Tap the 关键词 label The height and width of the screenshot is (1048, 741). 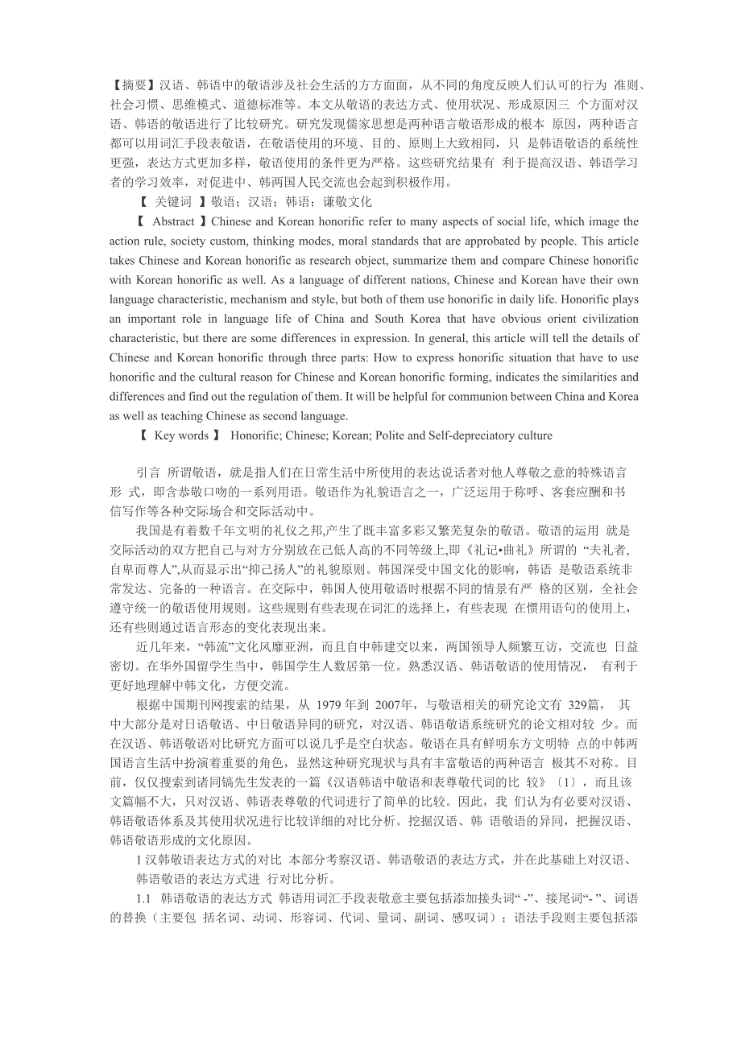[172, 202]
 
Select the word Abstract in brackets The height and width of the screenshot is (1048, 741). [173, 221]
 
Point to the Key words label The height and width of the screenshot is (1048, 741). [181, 435]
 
